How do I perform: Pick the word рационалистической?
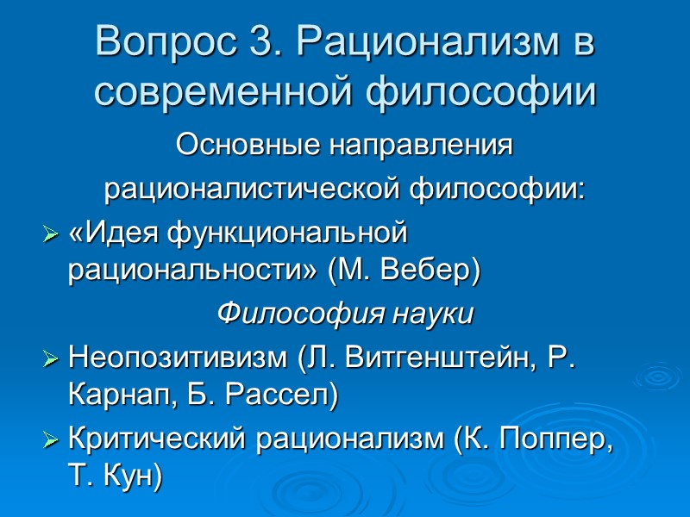click(254, 189)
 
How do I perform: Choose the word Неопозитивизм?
click(176, 355)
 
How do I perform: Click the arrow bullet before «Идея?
click(51, 234)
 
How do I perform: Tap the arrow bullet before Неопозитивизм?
click(51, 357)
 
